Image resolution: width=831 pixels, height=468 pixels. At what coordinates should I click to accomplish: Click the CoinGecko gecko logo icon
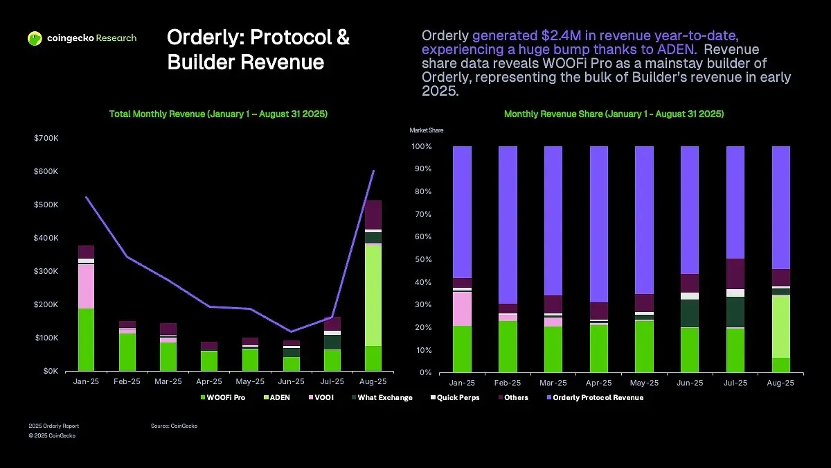35,39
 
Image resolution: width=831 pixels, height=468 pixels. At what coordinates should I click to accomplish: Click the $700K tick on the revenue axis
46,139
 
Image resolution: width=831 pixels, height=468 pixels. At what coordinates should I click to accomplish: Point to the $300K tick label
46,271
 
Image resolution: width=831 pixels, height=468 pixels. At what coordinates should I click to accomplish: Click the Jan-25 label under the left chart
86,381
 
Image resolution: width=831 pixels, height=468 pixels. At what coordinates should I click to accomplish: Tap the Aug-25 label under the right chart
780,383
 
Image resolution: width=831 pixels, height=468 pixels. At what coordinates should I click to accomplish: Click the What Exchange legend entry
382,398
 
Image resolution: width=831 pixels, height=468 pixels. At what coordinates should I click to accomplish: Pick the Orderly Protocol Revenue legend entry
597,398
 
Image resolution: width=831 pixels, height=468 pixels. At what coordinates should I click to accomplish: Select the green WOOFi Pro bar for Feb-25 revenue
127,352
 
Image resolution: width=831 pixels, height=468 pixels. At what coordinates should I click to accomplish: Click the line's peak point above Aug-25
374,171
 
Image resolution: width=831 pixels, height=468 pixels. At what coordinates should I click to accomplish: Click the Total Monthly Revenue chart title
219,114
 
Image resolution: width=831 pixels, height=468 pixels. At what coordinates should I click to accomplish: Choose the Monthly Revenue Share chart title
614,114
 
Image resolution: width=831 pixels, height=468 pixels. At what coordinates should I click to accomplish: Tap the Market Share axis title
427,130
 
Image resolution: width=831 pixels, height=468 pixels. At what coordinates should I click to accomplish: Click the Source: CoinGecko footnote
174,426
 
